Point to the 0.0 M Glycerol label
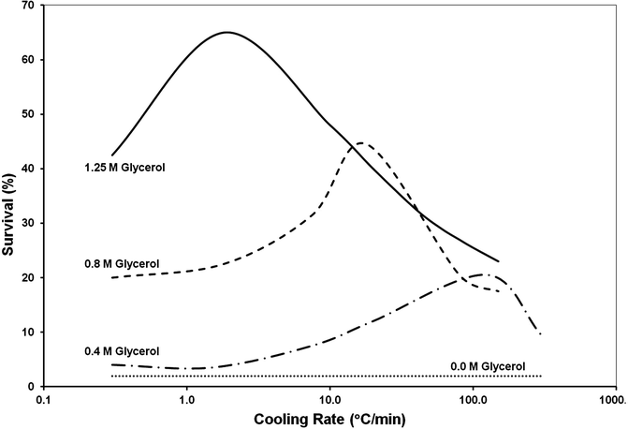tap(487, 365)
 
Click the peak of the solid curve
tap(226, 32)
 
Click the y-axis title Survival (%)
tap(12, 195)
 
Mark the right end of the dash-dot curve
tap(542, 333)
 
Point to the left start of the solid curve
tap(111, 155)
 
